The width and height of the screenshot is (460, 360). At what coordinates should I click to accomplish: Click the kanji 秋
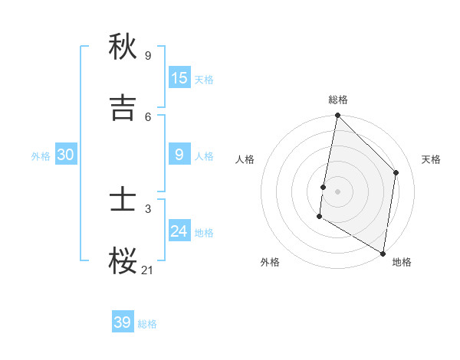[x=123, y=47]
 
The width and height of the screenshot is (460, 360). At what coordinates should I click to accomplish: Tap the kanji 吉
[x=123, y=108]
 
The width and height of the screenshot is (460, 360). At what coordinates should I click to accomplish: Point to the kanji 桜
[x=123, y=261]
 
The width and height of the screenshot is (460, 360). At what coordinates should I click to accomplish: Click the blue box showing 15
[x=179, y=78]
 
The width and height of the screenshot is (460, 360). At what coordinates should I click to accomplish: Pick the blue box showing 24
[x=179, y=231]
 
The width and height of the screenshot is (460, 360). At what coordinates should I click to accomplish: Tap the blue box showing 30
[x=66, y=155]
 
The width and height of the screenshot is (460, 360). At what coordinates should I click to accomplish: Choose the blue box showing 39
[x=123, y=322]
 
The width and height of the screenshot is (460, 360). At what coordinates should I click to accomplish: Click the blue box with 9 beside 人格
[x=179, y=155]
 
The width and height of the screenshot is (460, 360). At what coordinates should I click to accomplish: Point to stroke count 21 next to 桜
[x=148, y=270]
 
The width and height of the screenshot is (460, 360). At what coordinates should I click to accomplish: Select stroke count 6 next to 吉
[x=148, y=116]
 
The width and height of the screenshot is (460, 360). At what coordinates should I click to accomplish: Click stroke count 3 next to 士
[x=148, y=208]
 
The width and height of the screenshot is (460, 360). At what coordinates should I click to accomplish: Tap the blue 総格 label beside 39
[x=147, y=324]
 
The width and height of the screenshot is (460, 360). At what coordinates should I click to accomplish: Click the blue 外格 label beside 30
[x=41, y=156]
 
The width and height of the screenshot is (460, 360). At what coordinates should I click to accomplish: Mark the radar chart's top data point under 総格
[x=337, y=116]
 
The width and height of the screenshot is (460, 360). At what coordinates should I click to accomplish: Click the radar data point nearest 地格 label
[x=383, y=253]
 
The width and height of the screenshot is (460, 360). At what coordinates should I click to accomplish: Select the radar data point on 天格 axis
[x=396, y=172]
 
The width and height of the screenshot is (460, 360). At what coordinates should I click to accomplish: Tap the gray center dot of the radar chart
[x=337, y=191]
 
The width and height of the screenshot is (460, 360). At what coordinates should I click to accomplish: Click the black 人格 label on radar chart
[x=245, y=159]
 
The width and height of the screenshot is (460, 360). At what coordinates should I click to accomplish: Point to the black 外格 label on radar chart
[x=270, y=262]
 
